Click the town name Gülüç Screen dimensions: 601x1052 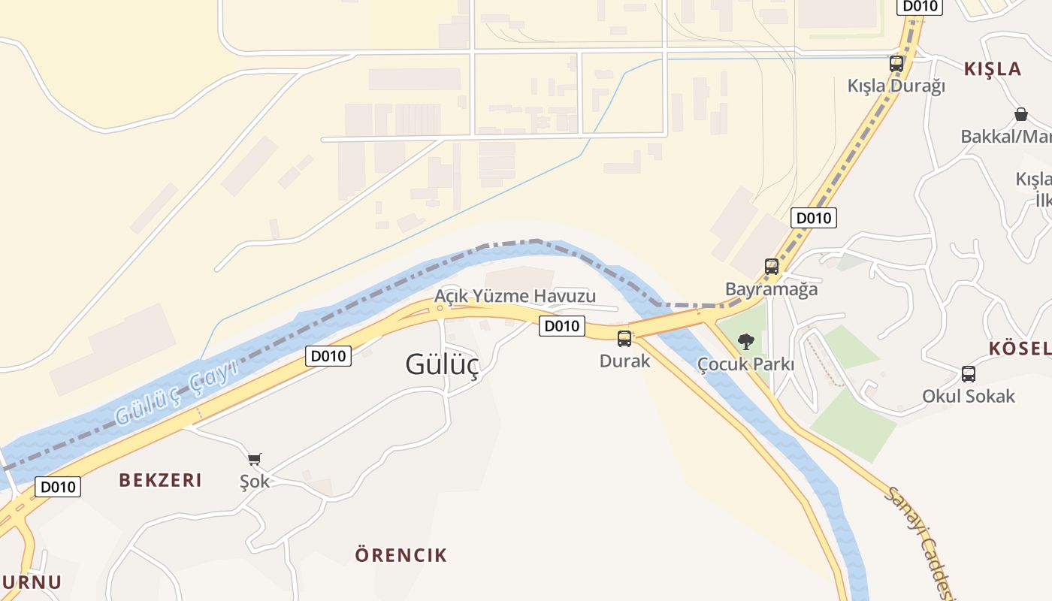pyautogui.click(x=442, y=364)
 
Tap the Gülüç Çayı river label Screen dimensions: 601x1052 pyautogui.click(x=176, y=392)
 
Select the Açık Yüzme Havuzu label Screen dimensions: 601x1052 pyautogui.click(x=515, y=296)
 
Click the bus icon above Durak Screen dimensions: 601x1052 pyautogui.click(x=624, y=338)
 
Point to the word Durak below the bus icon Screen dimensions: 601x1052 pyautogui.click(x=624, y=361)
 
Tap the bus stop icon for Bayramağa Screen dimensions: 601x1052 pyautogui.click(x=772, y=266)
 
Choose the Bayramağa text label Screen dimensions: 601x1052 pyautogui.click(x=771, y=288)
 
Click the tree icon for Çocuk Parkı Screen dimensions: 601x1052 pyautogui.click(x=745, y=342)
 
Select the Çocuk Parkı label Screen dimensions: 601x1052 pyautogui.click(x=745, y=364)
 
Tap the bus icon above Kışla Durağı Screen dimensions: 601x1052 pyautogui.click(x=896, y=63)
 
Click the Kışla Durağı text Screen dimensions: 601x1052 pyautogui.click(x=896, y=86)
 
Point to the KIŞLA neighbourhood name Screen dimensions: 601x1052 pyautogui.click(x=993, y=69)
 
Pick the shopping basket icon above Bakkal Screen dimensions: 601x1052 pyautogui.click(x=1020, y=114)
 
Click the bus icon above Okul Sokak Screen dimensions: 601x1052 pyautogui.click(x=969, y=373)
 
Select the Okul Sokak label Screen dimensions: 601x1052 pyautogui.click(x=969, y=396)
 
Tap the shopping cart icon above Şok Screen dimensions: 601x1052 pyautogui.click(x=255, y=458)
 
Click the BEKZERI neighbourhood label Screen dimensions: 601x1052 pyautogui.click(x=160, y=480)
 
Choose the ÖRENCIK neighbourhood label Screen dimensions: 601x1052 pyautogui.click(x=401, y=555)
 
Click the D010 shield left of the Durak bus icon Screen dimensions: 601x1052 pyautogui.click(x=561, y=326)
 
